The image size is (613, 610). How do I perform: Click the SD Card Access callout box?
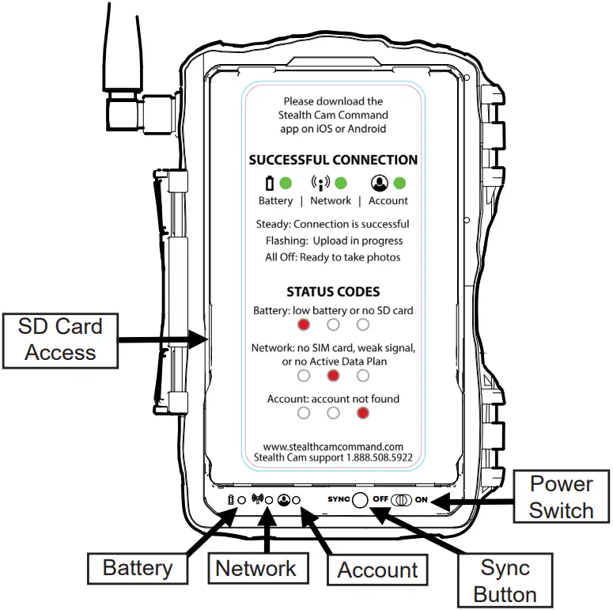[60, 339]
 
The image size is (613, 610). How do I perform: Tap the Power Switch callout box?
[561, 497]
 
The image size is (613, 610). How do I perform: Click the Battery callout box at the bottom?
[138, 567]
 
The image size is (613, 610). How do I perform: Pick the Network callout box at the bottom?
[255, 567]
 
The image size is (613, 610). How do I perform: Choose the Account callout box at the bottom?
[377, 570]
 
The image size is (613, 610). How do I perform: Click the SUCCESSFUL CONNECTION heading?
[333, 160]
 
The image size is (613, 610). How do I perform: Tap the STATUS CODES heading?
[333, 291]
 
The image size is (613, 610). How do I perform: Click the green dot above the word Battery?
[286, 184]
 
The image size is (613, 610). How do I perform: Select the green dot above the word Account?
[399, 184]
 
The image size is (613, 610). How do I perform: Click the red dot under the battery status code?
[304, 324]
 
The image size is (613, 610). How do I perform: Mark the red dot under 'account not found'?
[363, 412]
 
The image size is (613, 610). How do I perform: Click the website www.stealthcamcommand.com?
[333, 445]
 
